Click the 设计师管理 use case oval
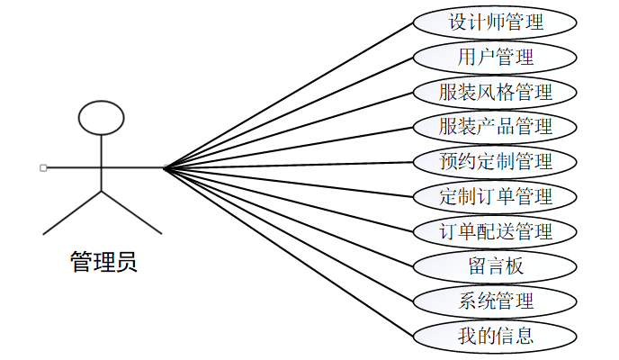[x=495, y=22]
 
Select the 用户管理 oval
[x=495, y=57]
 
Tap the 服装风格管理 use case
[x=495, y=92]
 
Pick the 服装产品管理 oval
[x=495, y=127]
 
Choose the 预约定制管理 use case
[x=495, y=162]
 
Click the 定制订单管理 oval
[x=495, y=196]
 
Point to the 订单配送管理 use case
[x=495, y=231]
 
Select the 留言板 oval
[x=495, y=266]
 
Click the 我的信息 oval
[x=495, y=337]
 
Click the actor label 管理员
[x=103, y=263]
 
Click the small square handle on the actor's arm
[x=43, y=167]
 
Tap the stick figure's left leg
[x=72, y=212]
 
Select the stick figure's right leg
[x=131, y=212]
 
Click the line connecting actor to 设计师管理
[x=288, y=94]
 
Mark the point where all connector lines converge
[x=165, y=167]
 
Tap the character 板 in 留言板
[x=515, y=266]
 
